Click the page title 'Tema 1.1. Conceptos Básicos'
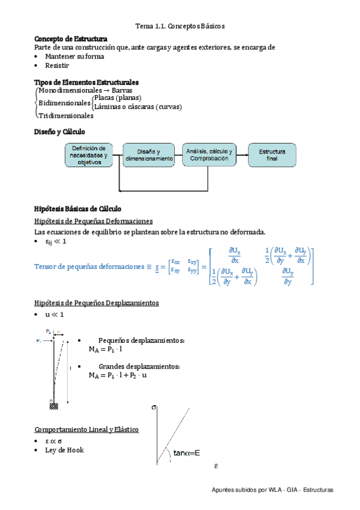(x=180, y=27)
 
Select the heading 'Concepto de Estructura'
(x=72, y=38)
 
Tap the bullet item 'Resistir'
(x=57, y=65)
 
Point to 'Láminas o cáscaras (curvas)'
(x=137, y=106)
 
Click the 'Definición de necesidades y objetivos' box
(x=89, y=155)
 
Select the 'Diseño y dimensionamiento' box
(x=149, y=155)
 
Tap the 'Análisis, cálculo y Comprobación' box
(x=210, y=155)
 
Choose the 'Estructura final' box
(x=272, y=155)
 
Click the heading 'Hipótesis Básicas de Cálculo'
(x=78, y=209)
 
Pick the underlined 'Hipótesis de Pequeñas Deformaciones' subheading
(x=94, y=221)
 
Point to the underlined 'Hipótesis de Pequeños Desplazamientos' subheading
(x=97, y=303)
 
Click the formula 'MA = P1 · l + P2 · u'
(x=118, y=375)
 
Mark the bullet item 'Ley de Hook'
(x=64, y=450)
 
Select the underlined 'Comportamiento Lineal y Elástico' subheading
(x=87, y=430)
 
